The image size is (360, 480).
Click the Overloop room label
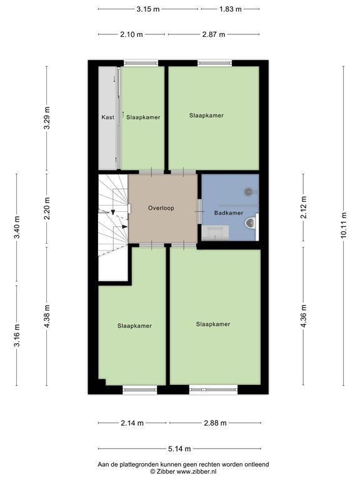pos(161,207)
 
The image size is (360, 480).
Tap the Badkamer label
pos(229,213)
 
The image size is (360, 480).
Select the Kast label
pos(107,117)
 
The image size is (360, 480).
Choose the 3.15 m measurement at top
pos(147,9)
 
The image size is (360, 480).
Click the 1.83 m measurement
pos(230,9)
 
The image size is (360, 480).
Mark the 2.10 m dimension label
pos(131,34)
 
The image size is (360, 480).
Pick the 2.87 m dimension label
pos(213,34)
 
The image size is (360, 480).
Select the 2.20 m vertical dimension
pos(46,208)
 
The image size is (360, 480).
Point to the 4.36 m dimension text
pos(304,316)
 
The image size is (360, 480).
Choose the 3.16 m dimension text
pos(17,336)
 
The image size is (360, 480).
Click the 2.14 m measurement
pos(132,423)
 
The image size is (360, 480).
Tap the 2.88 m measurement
pos(213,423)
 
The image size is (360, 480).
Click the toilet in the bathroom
pos(252,223)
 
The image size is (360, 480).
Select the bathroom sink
pos(216,232)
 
